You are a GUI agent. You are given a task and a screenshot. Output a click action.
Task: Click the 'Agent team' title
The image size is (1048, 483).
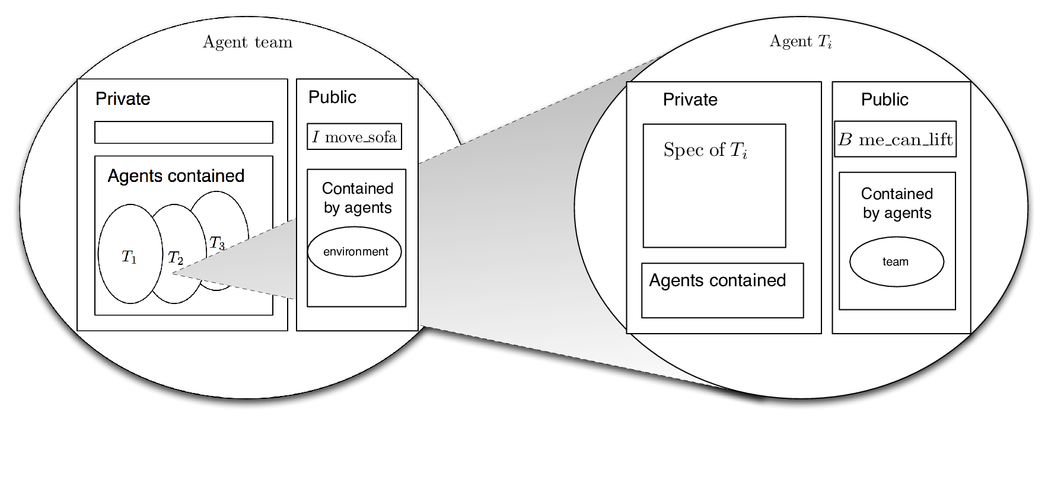247,42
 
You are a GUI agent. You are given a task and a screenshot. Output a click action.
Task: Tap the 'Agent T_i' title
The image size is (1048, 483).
801,41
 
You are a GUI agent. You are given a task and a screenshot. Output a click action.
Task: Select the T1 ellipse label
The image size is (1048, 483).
129,257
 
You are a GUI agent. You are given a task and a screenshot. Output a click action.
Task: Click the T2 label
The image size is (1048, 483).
176,258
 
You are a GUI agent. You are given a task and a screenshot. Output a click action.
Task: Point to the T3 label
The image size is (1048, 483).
217,243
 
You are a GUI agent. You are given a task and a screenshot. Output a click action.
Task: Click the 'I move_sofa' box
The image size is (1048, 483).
354,136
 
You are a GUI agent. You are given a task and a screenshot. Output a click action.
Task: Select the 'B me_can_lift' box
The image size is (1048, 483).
895,139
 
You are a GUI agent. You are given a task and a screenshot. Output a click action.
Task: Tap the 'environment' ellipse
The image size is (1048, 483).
354,251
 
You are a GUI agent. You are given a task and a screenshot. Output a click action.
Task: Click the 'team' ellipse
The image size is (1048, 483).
896,261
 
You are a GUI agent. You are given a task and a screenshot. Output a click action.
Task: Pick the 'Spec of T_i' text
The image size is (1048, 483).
705,150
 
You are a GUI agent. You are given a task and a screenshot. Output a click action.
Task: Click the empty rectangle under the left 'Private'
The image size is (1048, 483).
184,132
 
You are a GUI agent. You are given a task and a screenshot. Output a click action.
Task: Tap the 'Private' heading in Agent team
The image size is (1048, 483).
123,98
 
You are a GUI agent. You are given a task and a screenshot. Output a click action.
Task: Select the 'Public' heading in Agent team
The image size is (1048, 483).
332,97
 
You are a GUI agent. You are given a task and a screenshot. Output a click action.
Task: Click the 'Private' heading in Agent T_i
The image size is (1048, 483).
690,100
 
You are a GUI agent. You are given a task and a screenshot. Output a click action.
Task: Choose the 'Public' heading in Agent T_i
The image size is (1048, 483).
884,100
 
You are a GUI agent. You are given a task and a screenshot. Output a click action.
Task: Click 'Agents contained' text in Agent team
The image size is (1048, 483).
176,176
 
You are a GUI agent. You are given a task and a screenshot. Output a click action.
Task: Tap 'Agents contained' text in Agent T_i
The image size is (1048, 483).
717,280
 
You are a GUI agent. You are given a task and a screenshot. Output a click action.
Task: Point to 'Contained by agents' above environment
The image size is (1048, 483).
358,198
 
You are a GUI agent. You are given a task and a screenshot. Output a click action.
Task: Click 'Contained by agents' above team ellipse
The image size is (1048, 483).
897,203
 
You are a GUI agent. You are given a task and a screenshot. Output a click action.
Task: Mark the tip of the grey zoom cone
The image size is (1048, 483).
173,273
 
